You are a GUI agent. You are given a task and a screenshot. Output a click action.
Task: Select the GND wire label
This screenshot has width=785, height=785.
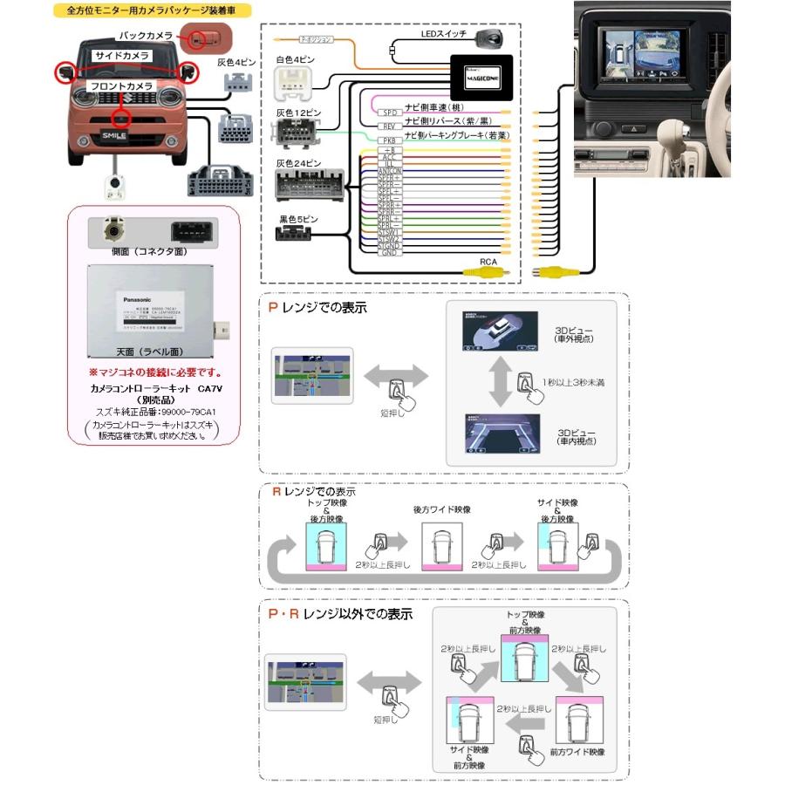click(x=389, y=253)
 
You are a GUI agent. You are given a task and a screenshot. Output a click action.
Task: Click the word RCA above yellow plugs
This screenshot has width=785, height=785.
click(x=489, y=261)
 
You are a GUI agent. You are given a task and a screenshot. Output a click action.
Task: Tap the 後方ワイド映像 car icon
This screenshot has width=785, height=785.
click(x=442, y=548)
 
